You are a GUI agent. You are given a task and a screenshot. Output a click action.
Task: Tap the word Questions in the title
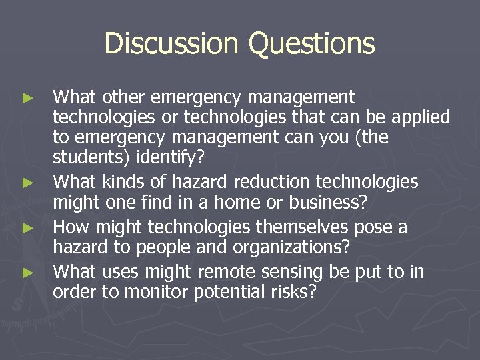click(x=311, y=44)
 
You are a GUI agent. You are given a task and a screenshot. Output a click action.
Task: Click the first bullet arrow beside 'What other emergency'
click(x=27, y=98)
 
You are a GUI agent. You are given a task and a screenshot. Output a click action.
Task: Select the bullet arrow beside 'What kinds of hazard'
click(x=27, y=182)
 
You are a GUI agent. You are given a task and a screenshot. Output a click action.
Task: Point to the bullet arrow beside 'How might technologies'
click(x=27, y=228)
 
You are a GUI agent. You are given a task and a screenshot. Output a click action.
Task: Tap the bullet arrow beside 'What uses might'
click(x=27, y=272)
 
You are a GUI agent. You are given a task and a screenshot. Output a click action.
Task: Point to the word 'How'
click(x=69, y=227)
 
